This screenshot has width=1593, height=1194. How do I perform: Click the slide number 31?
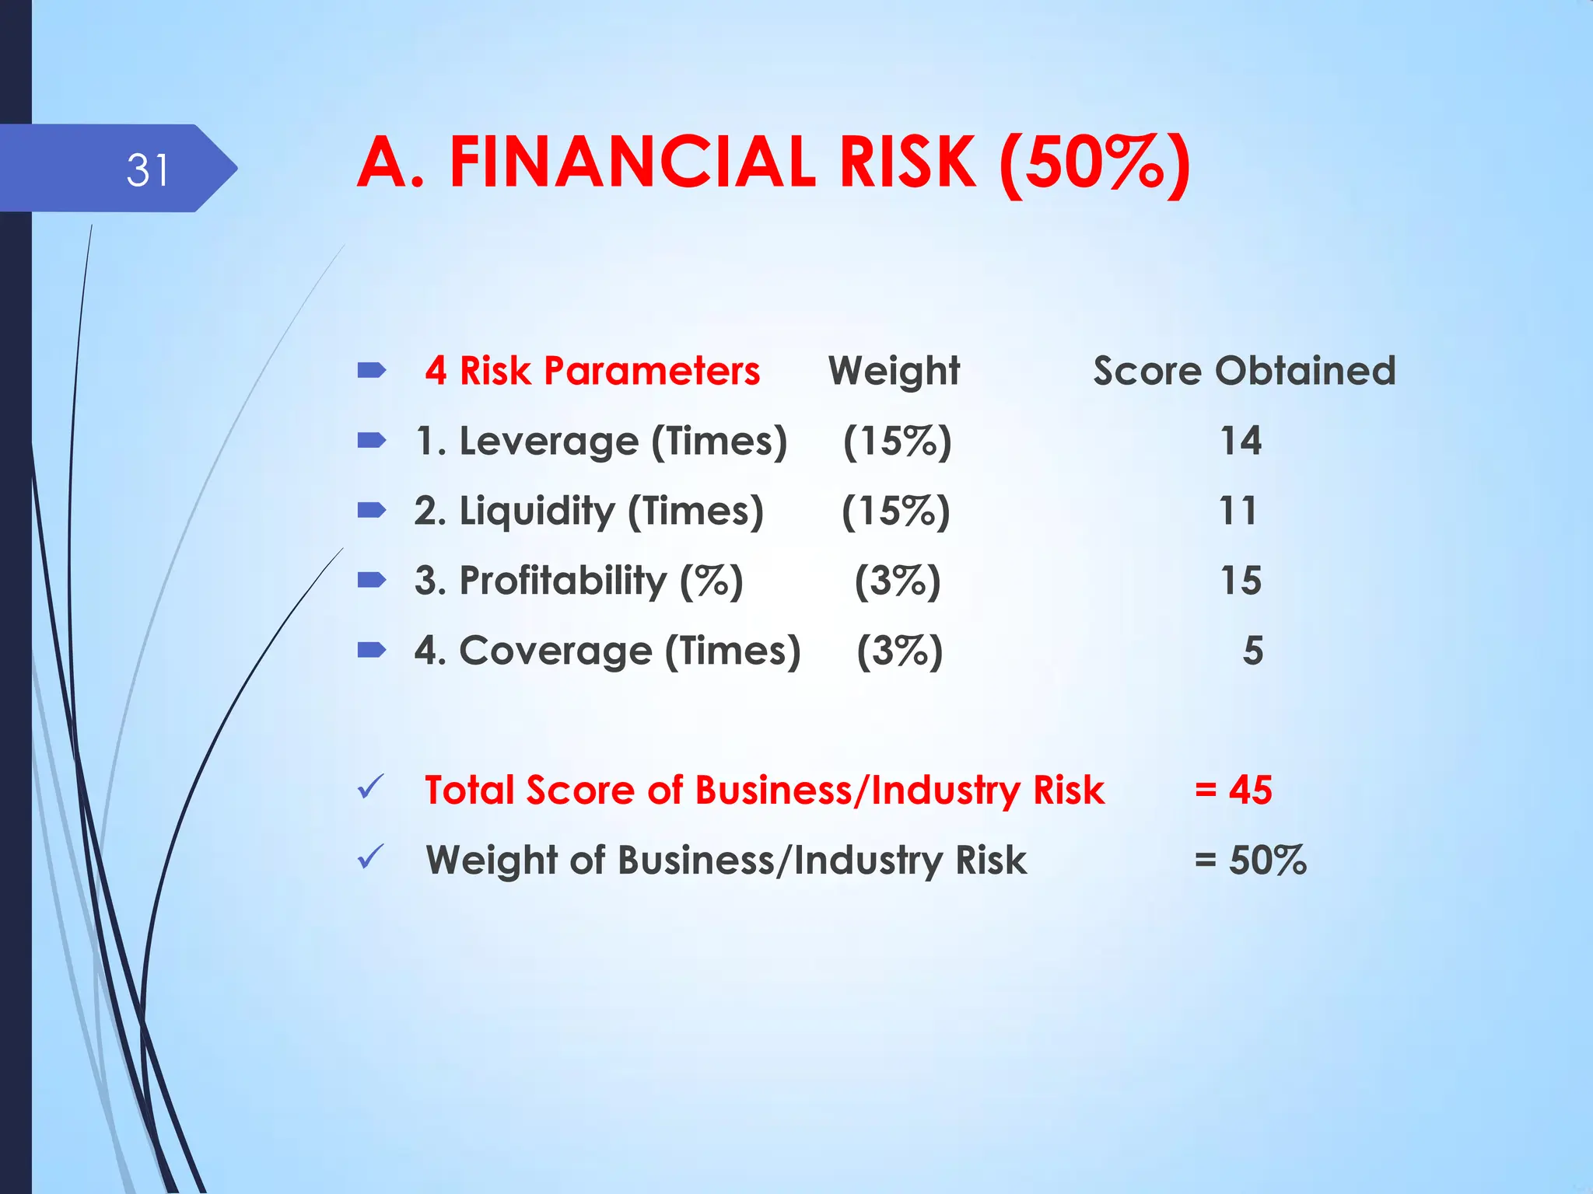[147, 170]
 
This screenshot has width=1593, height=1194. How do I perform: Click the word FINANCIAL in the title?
[632, 163]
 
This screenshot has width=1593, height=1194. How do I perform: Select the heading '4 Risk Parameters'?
[592, 371]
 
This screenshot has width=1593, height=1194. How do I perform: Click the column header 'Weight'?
[894, 371]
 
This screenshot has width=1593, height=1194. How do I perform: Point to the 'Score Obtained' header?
[1244, 371]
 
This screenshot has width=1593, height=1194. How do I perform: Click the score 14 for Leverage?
[1240, 441]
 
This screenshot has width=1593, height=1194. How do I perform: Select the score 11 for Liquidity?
[1238, 511]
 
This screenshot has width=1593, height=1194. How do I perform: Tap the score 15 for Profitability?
[1240, 581]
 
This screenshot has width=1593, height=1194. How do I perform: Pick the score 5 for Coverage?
[1252, 651]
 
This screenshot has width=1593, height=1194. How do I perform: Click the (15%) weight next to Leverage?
[897, 441]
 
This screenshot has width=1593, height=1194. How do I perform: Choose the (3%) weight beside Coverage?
[899, 651]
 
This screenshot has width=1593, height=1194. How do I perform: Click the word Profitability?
[563, 581]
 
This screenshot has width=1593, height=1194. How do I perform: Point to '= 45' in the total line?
[1233, 790]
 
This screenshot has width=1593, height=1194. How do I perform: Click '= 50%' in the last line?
[1250, 860]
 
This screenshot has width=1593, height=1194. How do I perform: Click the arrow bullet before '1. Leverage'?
[371, 441]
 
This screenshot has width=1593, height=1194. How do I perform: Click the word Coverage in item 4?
[555, 651]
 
